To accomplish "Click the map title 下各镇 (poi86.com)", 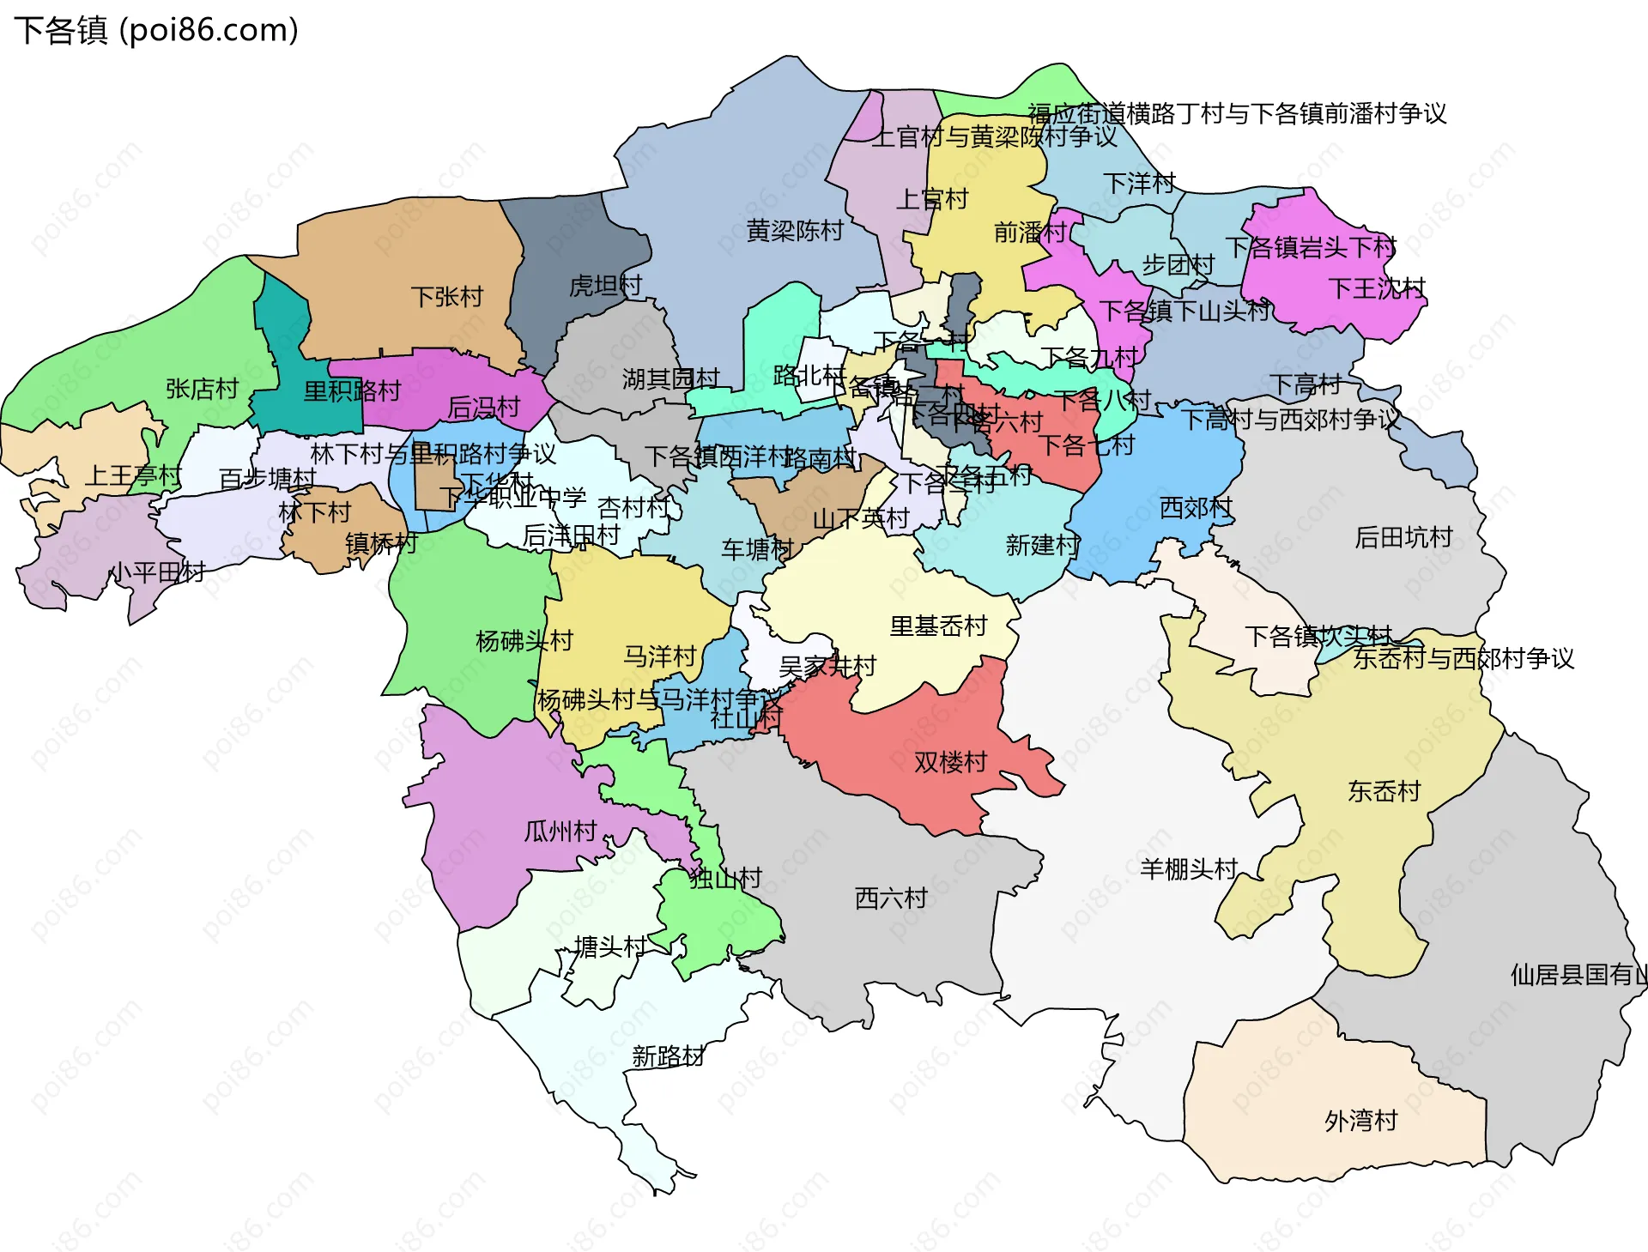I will tap(156, 30).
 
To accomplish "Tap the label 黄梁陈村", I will tap(794, 231).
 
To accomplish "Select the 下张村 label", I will tap(446, 297).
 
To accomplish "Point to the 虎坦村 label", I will tap(605, 285).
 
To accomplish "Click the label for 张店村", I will tap(202, 389).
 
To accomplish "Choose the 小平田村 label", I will tap(156, 572).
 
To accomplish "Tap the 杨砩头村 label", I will tap(524, 640).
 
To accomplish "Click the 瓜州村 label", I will tap(560, 831).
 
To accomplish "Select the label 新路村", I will tap(668, 1055).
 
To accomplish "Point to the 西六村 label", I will tap(891, 898).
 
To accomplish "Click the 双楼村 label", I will tap(950, 761).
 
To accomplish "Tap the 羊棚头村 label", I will tap(1188, 868).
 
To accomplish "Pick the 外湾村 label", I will tap(1360, 1120).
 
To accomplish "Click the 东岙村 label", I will tap(1384, 790).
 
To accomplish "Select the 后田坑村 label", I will tap(1403, 537).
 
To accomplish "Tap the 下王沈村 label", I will tap(1376, 287).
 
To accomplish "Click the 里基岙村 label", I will tap(938, 626).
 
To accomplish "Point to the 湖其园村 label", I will tap(670, 378).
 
